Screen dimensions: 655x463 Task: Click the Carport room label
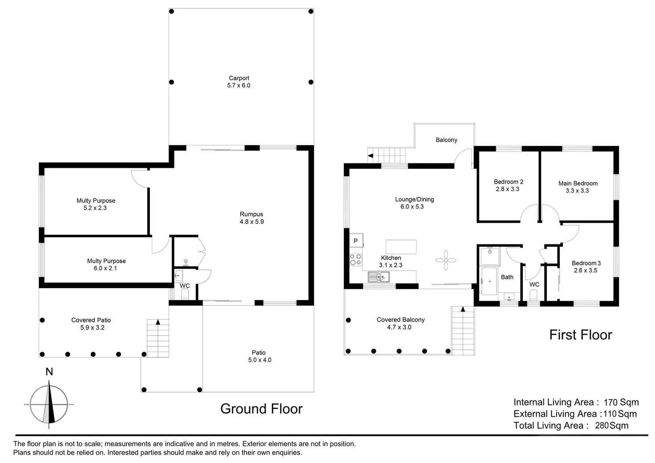point(239,78)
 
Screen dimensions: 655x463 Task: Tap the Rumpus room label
point(251,214)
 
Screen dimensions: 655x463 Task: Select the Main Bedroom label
point(578,183)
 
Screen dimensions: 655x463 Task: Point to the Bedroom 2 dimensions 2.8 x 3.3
point(507,189)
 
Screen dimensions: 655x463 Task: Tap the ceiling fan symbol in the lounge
point(445,260)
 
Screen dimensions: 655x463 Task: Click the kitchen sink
point(378,277)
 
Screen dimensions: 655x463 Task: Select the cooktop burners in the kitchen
point(356,260)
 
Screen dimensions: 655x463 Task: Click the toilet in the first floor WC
point(534,295)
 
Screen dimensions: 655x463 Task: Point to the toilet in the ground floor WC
point(185,294)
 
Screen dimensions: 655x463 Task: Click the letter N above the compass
point(49,372)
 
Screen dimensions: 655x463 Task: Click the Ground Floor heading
point(261,409)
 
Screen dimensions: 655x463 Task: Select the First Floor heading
point(580,335)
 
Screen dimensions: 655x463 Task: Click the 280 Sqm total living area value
point(611,425)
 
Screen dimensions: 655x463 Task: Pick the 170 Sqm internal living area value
point(621,402)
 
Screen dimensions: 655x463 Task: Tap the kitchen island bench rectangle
point(401,247)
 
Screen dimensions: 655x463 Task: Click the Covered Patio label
point(91,320)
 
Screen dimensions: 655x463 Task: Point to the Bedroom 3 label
point(586,263)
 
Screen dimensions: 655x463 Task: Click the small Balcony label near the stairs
point(446,140)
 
